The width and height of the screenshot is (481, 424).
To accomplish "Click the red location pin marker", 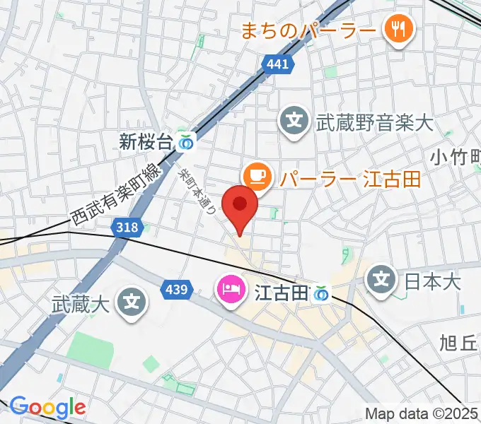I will pos(240,206).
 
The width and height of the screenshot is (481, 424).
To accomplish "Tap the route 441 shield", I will pos(277,65).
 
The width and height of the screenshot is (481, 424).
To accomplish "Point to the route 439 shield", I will pos(175,289).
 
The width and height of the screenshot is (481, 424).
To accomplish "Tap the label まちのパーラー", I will pos(307,30).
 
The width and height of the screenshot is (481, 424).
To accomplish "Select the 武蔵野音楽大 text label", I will pos(373,123).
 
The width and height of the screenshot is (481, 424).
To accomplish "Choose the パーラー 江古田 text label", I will pos(349,178).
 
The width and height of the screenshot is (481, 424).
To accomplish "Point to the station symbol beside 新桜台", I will pos(185,142).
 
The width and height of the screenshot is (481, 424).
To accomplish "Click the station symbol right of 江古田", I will pos(323,292).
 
